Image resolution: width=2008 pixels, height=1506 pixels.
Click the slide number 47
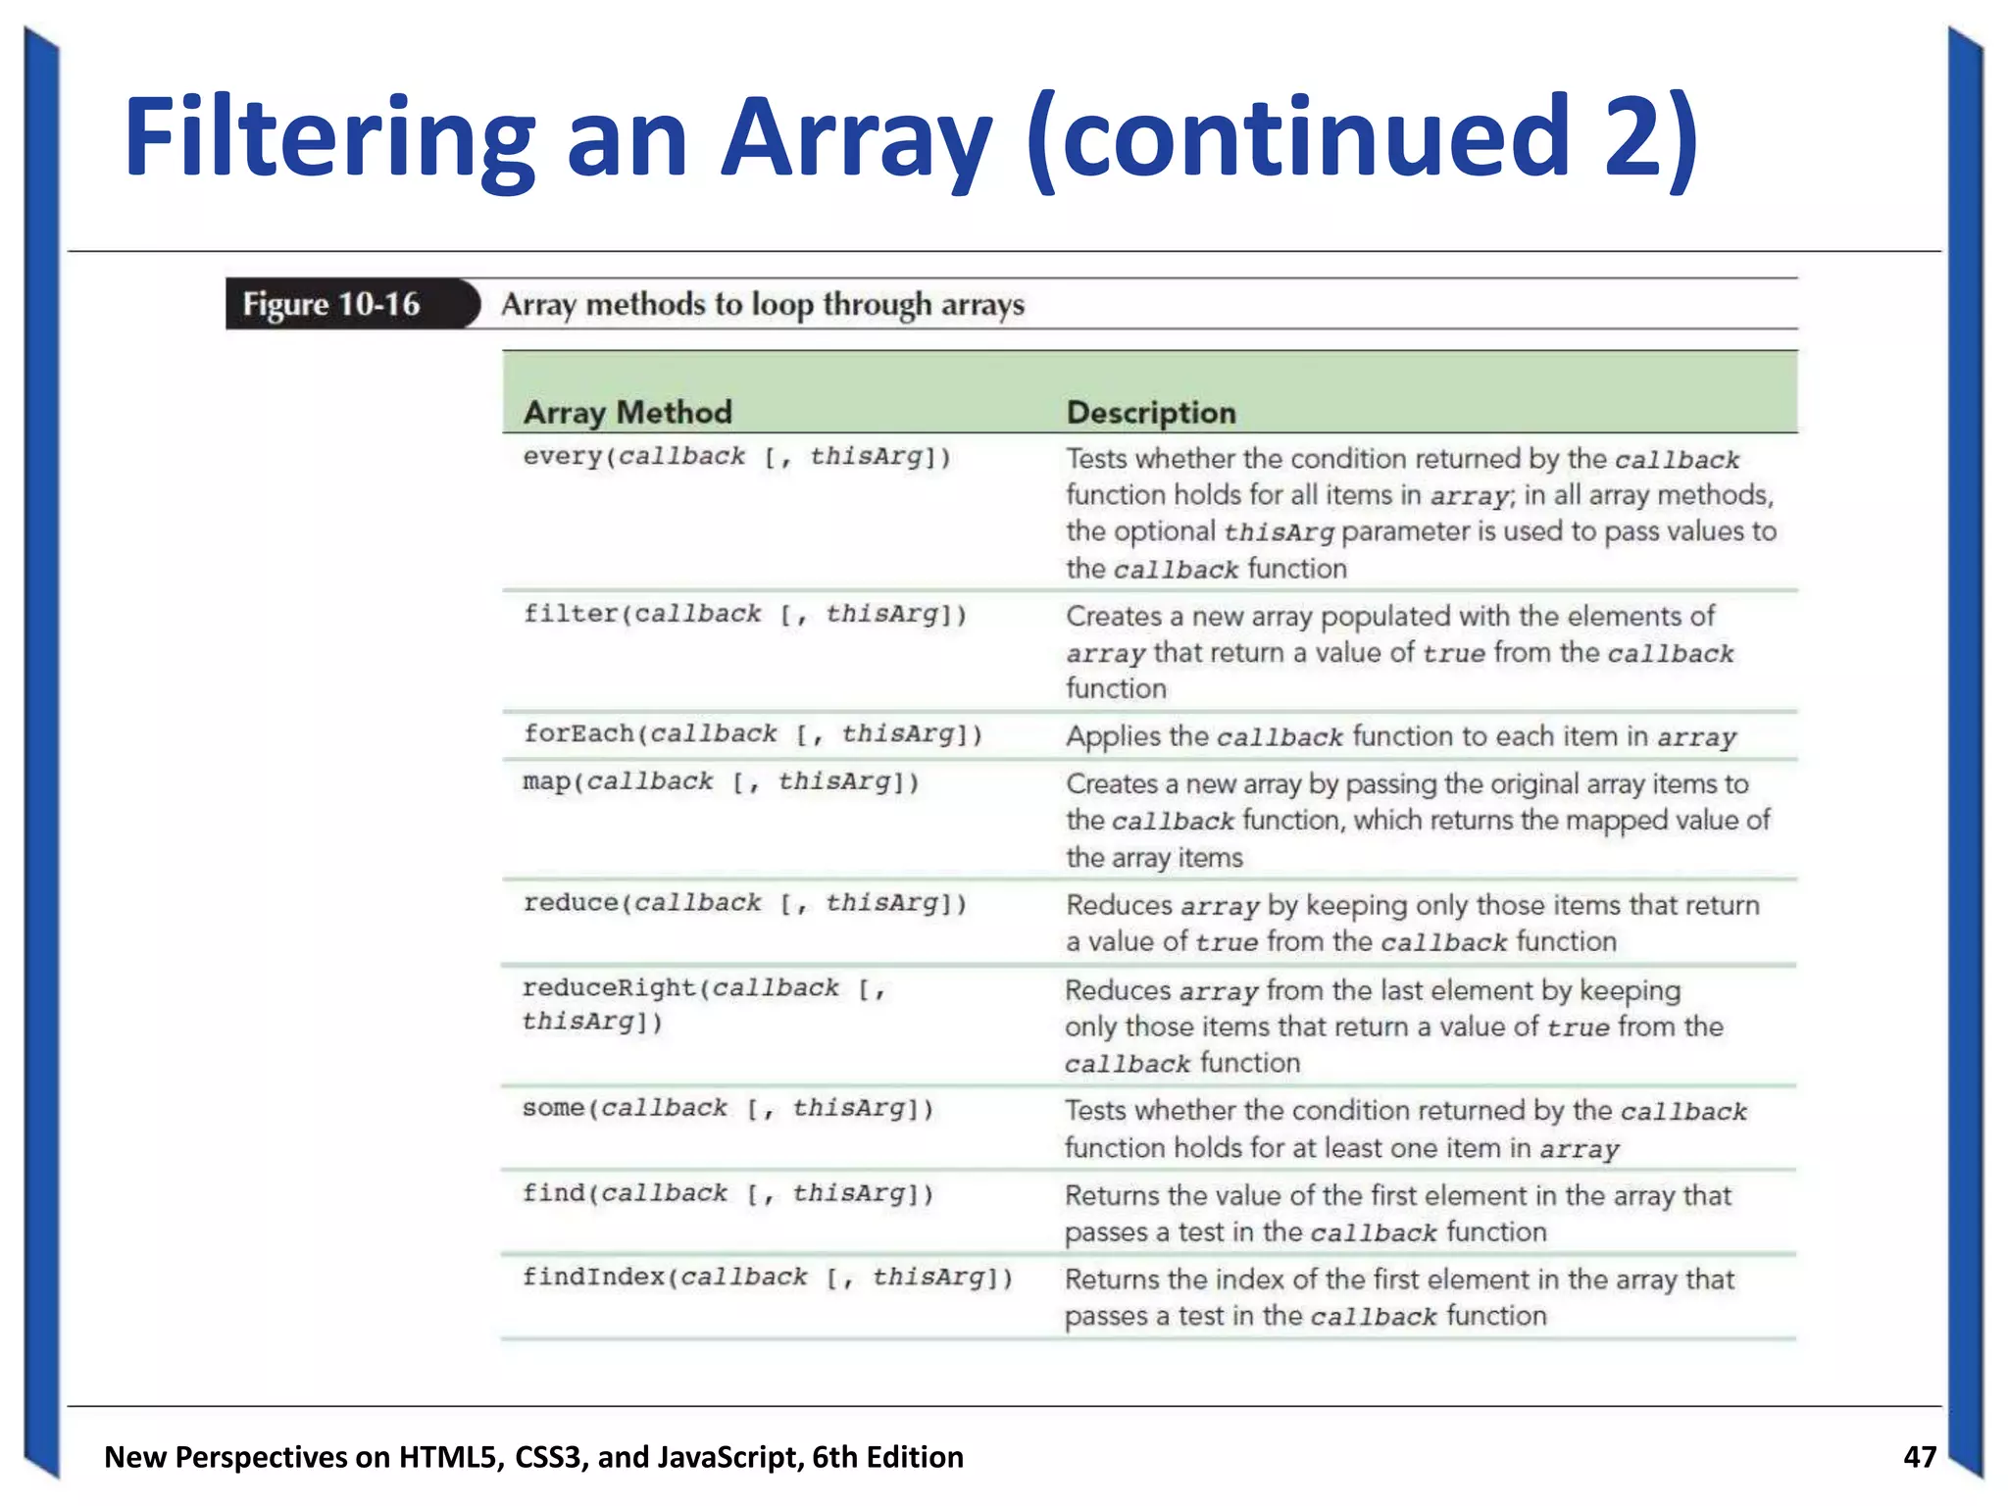[x=1919, y=1456]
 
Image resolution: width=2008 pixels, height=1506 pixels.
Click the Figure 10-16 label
[x=331, y=305]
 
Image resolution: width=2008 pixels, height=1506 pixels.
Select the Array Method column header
[x=627, y=413]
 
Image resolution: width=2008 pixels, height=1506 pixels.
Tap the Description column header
[x=1151, y=413]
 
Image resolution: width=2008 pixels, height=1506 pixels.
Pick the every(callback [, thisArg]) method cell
[x=736, y=457]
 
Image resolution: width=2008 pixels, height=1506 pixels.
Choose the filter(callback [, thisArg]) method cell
[x=744, y=615]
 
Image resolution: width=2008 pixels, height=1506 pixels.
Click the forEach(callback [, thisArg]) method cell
[x=752, y=734]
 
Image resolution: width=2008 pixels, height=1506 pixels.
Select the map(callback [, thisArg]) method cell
[x=721, y=782]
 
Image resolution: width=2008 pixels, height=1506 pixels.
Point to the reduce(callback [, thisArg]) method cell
[x=744, y=903]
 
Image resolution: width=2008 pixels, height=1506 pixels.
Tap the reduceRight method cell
[x=704, y=1004]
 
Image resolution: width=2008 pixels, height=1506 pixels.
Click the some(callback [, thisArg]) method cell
[x=728, y=1109]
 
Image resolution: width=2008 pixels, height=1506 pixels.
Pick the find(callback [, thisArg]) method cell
[x=728, y=1194]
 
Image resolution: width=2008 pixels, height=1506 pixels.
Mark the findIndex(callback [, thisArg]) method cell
[x=767, y=1278]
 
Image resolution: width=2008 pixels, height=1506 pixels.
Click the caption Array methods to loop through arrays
[x=763, y=305]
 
